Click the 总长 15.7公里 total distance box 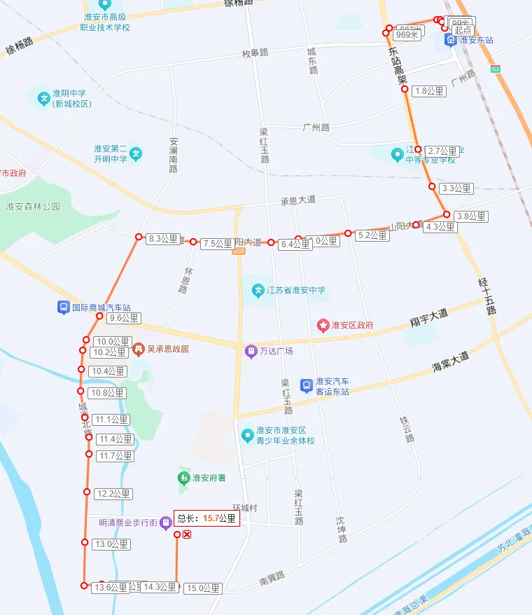click(x=206, y=518)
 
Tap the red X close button click(x=187, y=535)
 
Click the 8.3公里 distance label click(x=164, y=239)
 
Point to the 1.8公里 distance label click(x=430, y=91)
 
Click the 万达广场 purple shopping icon click(x=251, y=351)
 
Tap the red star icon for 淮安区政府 click(x=323, y=325)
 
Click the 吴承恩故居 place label click(x=167, y=348)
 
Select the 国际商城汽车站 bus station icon click(x=64, y=307)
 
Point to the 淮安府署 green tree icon click(x=184, y=478)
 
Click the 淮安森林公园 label click(x=33, y=207)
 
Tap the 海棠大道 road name click(x=450, y=361)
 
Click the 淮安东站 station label click(x=476, y=40)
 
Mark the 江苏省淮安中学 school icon click(x=258, y=290)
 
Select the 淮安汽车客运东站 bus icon click(x=306, y=385)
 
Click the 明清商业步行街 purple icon click(x=165, y=521)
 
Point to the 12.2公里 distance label click(x=113, y=494)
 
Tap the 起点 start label click(x=463, y=30)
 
